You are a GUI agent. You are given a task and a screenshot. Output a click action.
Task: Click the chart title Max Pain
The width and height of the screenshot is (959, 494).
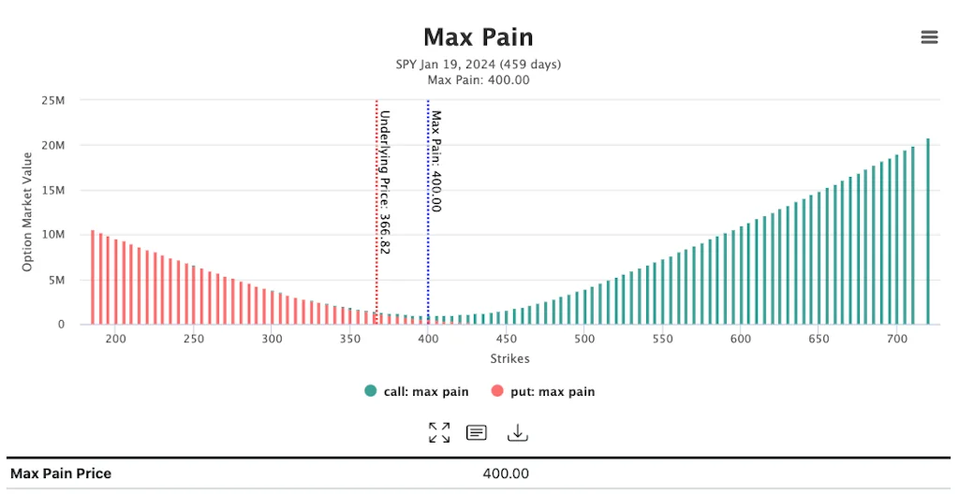[x=478, y=37]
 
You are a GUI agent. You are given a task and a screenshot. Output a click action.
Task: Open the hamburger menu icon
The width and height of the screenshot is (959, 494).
[x=929, y=37]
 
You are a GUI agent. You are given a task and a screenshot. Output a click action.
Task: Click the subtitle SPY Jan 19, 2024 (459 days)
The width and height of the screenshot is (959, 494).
[x=478, y=65]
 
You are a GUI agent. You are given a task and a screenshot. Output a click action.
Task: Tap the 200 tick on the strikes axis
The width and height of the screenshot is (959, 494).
[x=115, y=339]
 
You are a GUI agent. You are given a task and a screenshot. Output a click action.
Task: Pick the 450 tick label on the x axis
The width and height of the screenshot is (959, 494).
[x=506, y=339]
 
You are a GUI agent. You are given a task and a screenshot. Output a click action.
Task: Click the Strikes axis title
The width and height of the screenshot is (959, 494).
[x=509, y=358]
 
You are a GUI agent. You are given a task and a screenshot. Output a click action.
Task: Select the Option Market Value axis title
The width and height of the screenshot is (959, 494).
[x=27, y=211]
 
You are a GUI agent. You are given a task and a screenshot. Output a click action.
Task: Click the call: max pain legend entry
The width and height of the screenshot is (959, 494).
[x=417, y=391]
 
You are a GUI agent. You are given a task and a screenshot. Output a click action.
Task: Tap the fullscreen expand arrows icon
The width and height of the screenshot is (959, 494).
[x=438, y=432]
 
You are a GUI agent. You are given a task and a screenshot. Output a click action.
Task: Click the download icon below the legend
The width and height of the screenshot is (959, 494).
[x=518, y=432]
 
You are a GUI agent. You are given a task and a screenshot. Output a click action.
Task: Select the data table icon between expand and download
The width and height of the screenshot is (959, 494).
[x=477, y=432]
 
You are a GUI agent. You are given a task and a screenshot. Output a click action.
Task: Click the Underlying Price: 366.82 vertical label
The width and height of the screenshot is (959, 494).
[x=384, y=182]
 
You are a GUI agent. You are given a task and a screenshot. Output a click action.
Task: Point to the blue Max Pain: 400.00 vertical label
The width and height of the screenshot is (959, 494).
[x=435, y=161]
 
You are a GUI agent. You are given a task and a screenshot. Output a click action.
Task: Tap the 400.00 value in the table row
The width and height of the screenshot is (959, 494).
[x=506, y=473]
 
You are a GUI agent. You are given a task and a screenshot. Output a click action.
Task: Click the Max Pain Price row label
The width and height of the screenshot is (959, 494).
[x=61, y=473]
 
